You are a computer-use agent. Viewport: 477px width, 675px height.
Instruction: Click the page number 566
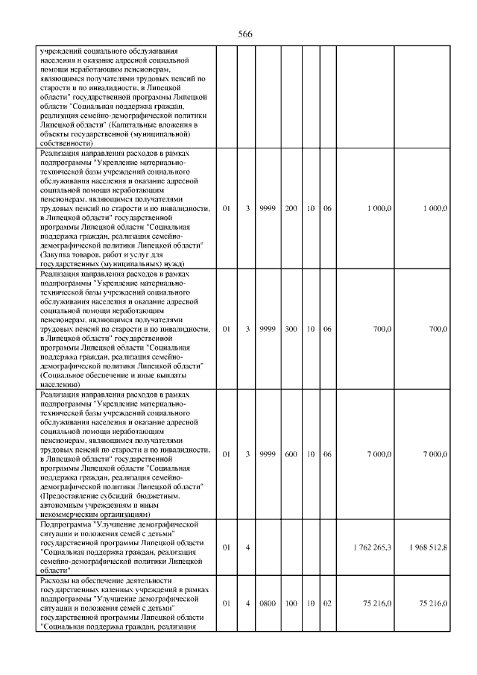click(245, 34)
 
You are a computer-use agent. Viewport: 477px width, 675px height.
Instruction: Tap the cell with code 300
click(291, 329)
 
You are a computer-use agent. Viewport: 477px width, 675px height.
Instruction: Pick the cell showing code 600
click(291, 454)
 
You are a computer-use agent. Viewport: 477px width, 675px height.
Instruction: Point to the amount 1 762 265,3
click(370, 548)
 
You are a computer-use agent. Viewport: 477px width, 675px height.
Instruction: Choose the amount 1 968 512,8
click(428, 548)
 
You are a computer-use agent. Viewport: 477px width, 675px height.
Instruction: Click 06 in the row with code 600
click(327, 454)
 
